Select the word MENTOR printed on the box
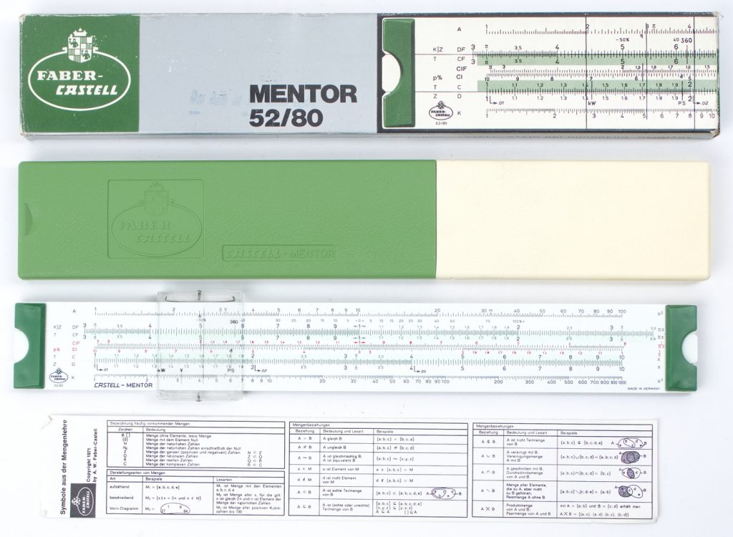pyautogui.click(x=302, y=93)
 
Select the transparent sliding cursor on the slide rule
pyautogui.click(x=200, y=344)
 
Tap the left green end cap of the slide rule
pyautogui.click(x=29, y=346)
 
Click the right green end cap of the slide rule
pyautogui.click(x=680, y=347)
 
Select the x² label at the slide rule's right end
pyautogui.click(x=659, y=312)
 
